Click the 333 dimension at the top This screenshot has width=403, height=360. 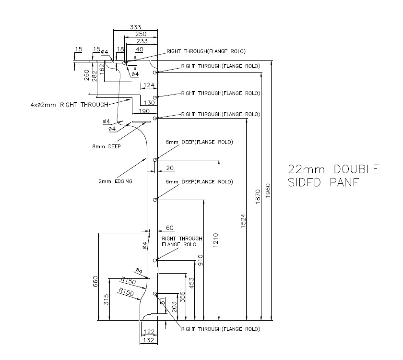pyautogui.click(x=135, y=27)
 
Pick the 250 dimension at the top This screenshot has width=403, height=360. pyautogui.click(x=141, y=35)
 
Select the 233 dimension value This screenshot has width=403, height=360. pyautogui.click(x=142, y=42)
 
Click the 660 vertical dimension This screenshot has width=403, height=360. pyautogui.click(x=95, y=282)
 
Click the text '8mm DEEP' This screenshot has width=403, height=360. pyautogui.click(x=107, y=147)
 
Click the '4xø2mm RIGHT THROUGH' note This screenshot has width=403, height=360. pyautogui.click(x=69, y=104)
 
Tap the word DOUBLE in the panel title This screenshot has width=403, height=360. pyautogui.click(x=356, y=169)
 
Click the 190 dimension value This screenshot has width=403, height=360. pyautogui.click(x=144, y=111)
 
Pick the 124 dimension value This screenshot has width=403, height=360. pyautogui.click(x=149, y=85)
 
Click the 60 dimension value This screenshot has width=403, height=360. pyautogui.click(x=169, y=228)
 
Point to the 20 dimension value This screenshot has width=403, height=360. pyautogui.click(x=169, y=168)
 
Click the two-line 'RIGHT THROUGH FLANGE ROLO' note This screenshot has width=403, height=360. pyautogui.click(x=182, y=241)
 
